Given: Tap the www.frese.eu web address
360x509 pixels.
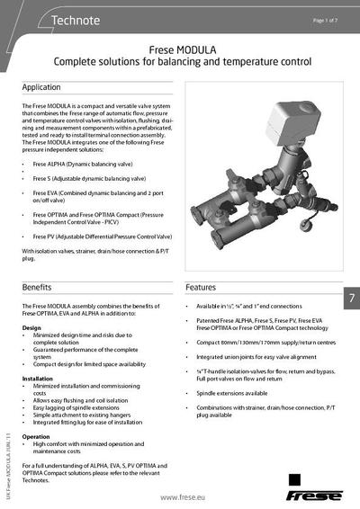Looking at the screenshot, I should point(185,496).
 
